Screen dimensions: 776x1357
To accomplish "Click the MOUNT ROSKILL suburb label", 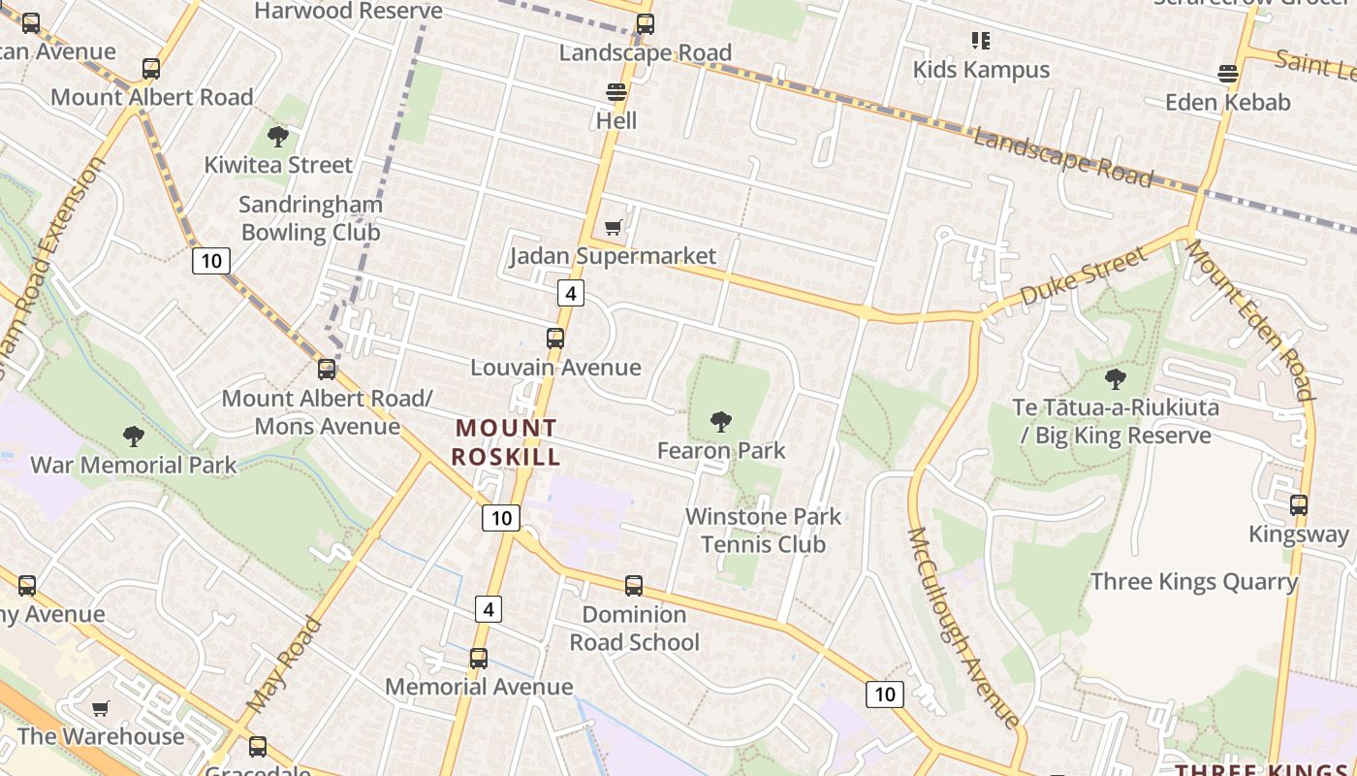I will (506, 441).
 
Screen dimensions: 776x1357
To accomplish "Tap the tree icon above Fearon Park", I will (720, 422).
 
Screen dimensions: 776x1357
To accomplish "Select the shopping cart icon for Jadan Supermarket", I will (613, 228).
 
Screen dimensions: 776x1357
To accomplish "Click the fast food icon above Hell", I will (616, 92).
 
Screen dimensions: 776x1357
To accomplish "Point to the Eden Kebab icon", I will (1228, 74).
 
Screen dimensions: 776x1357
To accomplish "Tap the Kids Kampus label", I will (981, 70).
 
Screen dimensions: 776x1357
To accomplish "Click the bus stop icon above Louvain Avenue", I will (555, 339).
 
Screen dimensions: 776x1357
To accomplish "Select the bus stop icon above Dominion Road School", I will (634, 586).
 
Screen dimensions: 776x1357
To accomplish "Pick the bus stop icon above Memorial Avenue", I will (479, 659).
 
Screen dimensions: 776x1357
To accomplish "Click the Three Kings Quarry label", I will (1193, 581).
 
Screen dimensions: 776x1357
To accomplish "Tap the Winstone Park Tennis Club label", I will (763, 530).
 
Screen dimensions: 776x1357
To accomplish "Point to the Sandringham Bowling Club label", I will (310, 218).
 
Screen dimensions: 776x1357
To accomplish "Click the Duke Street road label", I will (1083, 277).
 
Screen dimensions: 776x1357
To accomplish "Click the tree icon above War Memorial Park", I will (134, 436).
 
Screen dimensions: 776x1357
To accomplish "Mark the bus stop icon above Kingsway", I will (1299, 505).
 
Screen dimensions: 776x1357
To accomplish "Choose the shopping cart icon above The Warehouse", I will (101, 708).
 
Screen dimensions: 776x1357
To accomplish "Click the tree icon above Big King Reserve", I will (1116, 379).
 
